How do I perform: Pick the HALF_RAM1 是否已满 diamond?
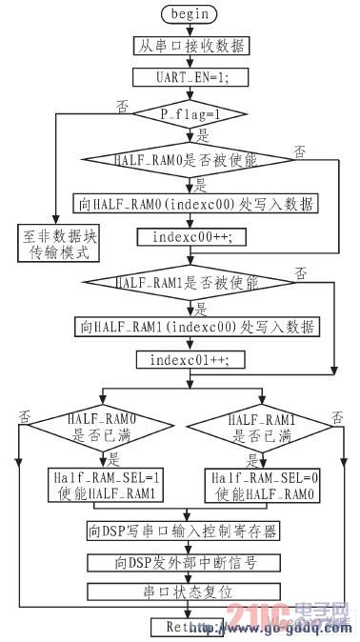257,427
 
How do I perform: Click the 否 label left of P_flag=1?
121,103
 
